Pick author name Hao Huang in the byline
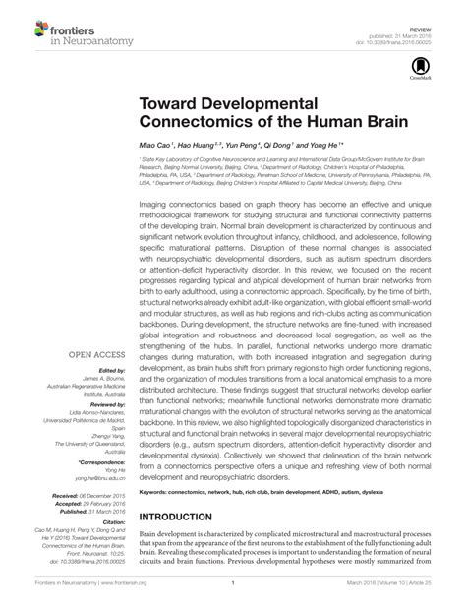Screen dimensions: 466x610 (202, 143)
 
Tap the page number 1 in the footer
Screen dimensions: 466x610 (232, 596)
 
